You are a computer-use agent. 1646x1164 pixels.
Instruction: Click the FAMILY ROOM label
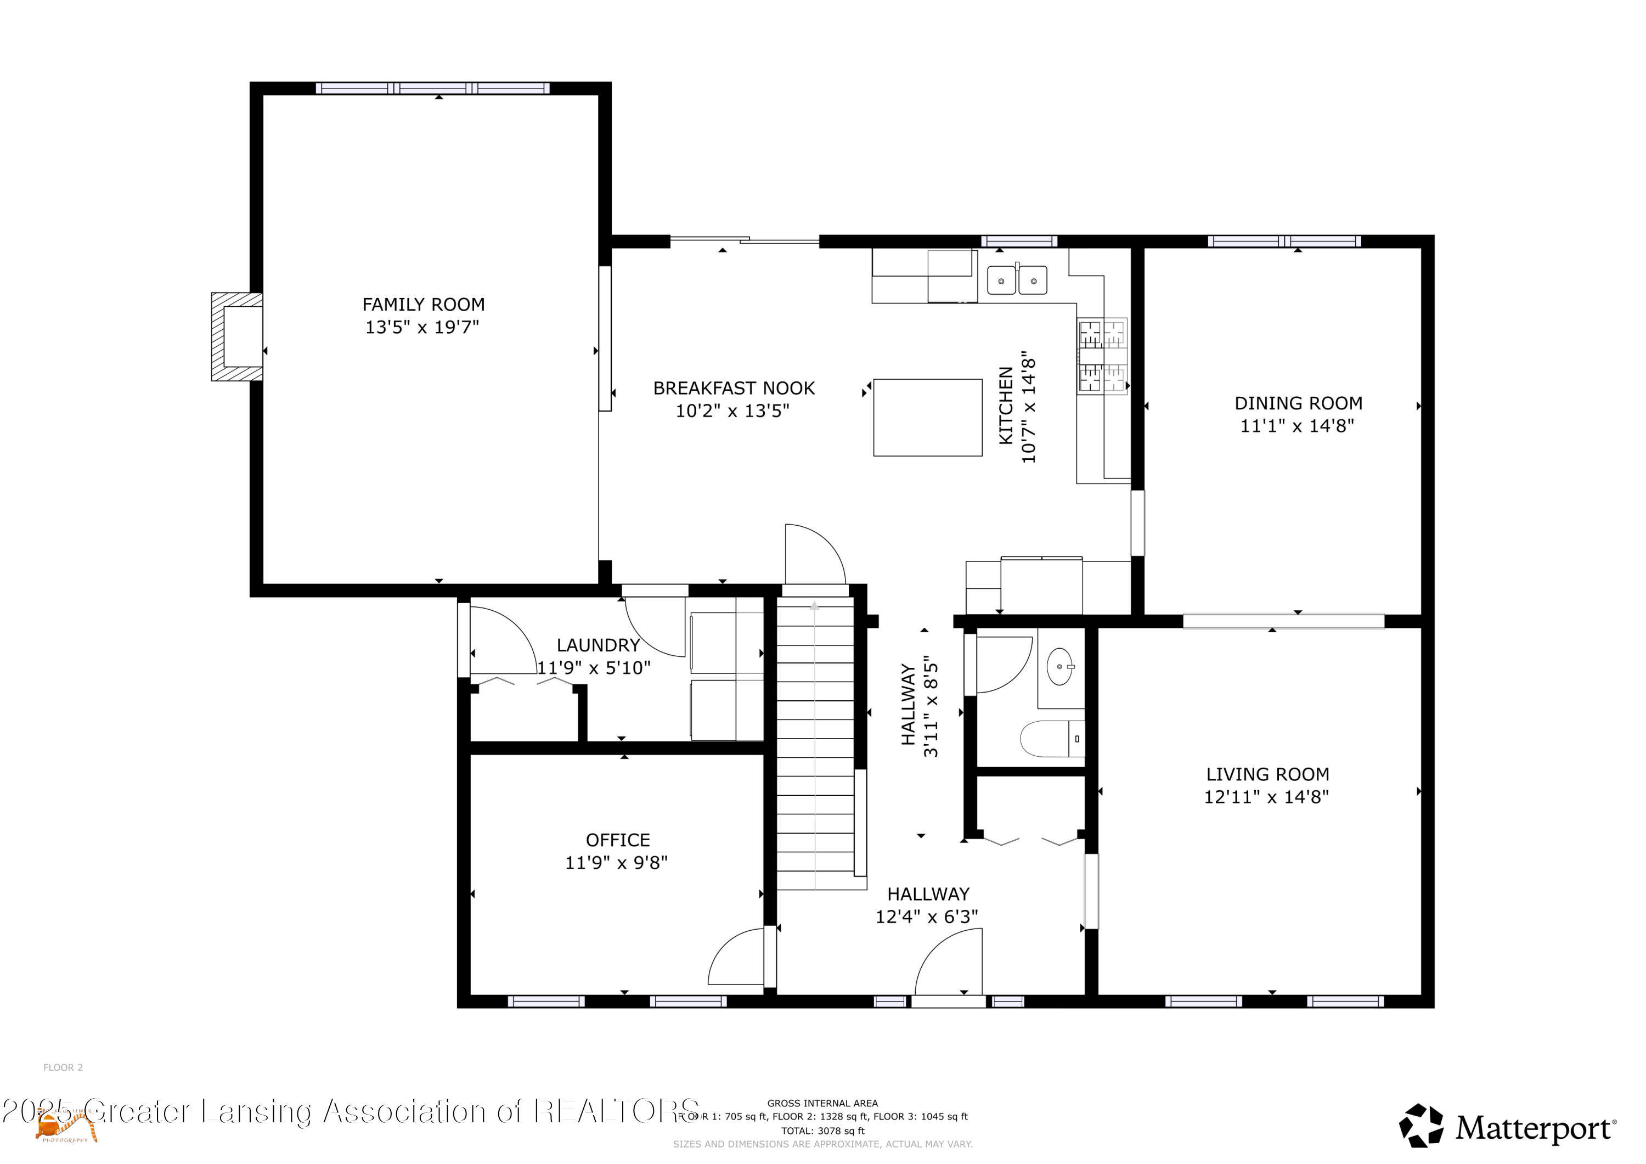coord(423,305)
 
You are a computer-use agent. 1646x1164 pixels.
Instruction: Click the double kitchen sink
coord(1017,280)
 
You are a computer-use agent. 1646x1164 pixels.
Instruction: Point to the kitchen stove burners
coord(1102,356)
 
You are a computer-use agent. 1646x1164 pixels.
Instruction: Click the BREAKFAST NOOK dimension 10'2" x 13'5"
coord(732,411)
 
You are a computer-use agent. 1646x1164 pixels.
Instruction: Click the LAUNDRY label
coord(598,645)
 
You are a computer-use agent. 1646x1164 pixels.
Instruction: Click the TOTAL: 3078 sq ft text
coord(822,1131)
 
